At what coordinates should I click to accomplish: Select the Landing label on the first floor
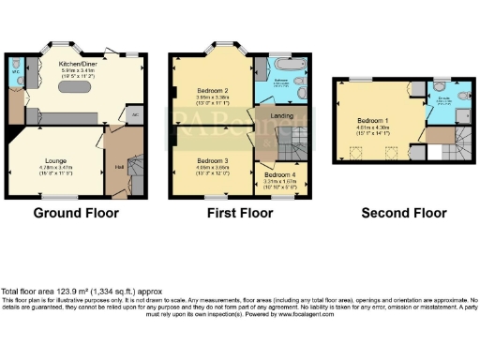[280, 115]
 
